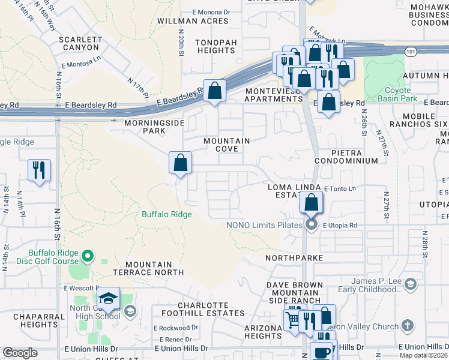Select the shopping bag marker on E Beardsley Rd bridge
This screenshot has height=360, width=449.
pyautogui.click(x=214, y=91)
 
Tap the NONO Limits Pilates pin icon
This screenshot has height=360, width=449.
pyautogui.click(x=311, y=226)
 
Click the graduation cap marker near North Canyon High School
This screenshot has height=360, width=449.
pyautogui.click(x=109, y=298)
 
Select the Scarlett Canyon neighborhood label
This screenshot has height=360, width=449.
pyautogui.click(x=79, y=43)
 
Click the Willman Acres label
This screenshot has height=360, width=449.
pyautogui.click(x=201, y=21)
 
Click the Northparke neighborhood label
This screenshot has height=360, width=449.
pyautogui.click(x=295, y=258)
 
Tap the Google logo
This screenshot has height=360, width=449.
pyautogui.click(x=20, y=353)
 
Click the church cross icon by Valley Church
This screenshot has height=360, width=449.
pyautogui.click(x=407, y=326)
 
